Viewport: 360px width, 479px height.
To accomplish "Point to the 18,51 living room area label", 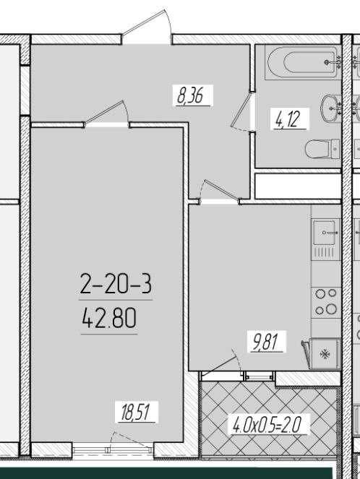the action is (137, 412).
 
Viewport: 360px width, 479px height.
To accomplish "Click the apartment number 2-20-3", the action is (116, 283).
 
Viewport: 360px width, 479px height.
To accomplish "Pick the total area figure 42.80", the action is (109, 318).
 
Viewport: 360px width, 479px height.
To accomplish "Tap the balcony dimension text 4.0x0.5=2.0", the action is (267, 424).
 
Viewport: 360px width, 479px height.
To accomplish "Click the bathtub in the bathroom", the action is (303, 62).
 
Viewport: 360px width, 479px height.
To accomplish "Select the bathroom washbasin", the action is (330, 108).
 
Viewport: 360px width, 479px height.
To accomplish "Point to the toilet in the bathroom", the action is (322, 149).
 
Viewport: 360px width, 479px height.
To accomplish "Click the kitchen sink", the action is (326, 233).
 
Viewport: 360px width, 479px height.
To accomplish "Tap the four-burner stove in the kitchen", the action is (326, 302).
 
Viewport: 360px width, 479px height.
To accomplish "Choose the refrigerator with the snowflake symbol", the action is (325, 354).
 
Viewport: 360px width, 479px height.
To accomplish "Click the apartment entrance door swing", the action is (147, 26).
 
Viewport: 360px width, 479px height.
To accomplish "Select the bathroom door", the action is (243, 111).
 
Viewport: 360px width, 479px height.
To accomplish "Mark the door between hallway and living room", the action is (106, 113).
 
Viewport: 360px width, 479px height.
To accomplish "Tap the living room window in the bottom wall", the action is (113, 449).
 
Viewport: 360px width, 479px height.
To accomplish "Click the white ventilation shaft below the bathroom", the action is (298, 186).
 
